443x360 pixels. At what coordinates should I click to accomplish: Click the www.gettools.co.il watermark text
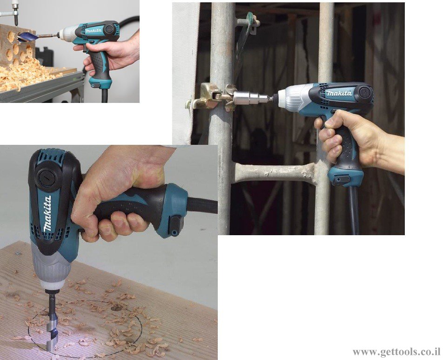tap(396, 353)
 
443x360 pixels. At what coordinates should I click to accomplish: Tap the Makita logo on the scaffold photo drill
tap(339, 93)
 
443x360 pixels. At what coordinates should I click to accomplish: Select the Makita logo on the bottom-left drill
tap(48, 213)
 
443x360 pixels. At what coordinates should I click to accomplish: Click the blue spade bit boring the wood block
tap(28, 37)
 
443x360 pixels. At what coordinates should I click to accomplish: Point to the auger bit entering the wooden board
tap(52, 321)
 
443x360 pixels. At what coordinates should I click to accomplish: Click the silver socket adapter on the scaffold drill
tap(250, 97)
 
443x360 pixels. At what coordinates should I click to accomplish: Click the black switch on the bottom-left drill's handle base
tap(176, 225)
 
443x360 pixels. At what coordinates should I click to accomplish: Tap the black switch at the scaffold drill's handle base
tap(341, 180)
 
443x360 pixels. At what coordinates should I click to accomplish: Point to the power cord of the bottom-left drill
tap(202, 205)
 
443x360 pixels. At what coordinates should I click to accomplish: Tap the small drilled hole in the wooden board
tap(116, 308)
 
